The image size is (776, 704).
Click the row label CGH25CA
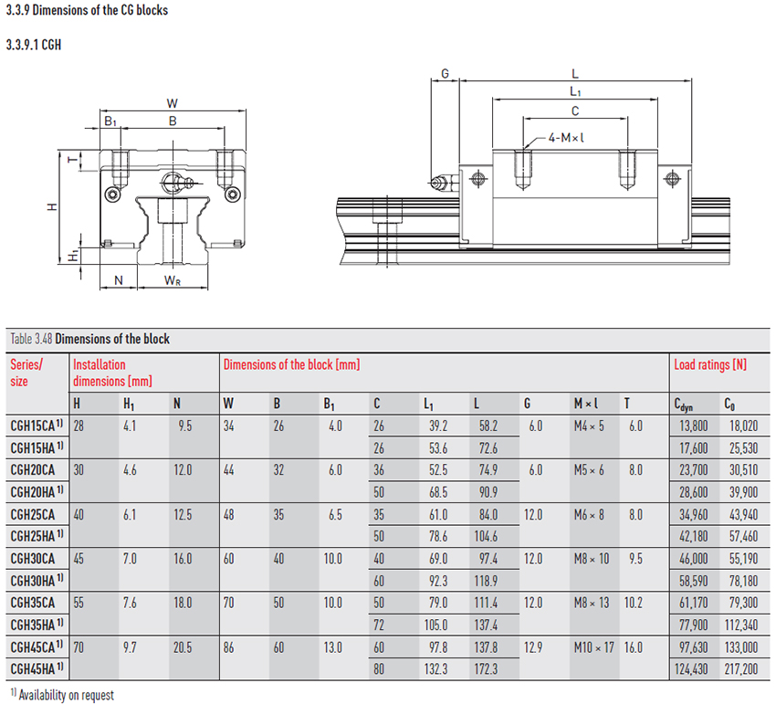[33, 514]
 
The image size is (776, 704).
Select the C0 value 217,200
[741, 669]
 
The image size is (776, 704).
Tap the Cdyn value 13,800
[693, 426]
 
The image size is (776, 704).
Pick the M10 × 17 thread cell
[594, 647]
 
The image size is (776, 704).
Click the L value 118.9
[486, 581]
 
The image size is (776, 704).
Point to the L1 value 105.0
[435, 625]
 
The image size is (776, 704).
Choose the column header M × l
[586, 404]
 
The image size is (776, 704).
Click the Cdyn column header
[684, 405]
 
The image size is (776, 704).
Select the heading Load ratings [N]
[710, 365]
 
